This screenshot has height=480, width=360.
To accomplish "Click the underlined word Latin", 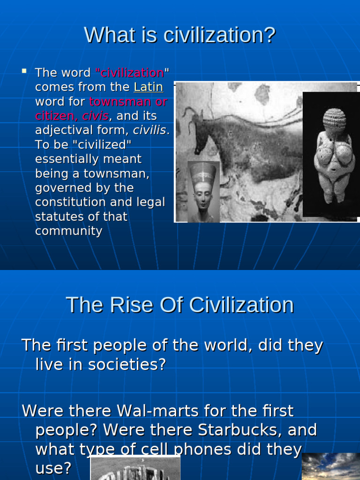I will (x=148, y=87).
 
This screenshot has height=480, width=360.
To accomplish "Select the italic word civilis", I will (x=150, y=130).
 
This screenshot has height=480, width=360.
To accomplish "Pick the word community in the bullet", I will (x=68, y=231).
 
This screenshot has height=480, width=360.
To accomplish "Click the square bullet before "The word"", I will (x=24, y=71).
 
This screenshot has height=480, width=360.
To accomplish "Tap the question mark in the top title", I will (x=270, y=35).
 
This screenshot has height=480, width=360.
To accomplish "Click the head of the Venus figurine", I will (x=334, y=120).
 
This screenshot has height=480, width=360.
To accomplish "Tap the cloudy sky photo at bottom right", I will (x=330, y=466).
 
